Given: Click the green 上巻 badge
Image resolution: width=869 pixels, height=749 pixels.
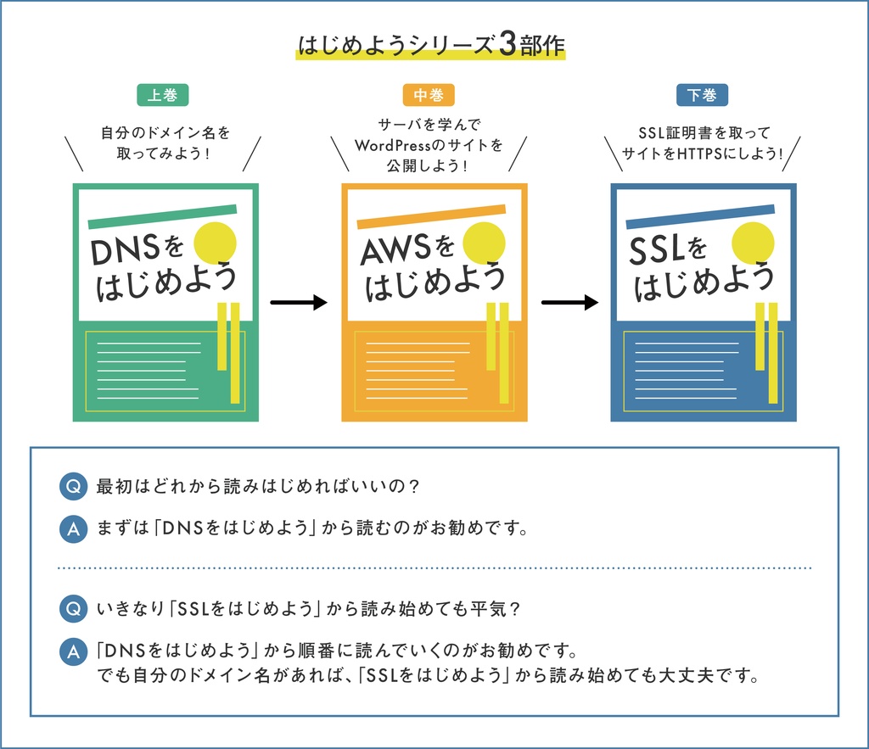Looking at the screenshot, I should (162, 95).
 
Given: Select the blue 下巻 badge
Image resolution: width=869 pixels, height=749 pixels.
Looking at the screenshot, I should (702, 95).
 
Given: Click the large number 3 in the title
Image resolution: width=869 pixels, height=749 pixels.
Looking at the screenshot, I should (507, 45).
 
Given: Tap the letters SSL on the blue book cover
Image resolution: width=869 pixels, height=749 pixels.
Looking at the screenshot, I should (658, 250).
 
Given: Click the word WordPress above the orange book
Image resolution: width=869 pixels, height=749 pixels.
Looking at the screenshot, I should (394, 145).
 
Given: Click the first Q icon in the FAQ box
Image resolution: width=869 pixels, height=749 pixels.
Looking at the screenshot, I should (74, 487).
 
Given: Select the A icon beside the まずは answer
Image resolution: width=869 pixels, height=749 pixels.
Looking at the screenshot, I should (74, 529).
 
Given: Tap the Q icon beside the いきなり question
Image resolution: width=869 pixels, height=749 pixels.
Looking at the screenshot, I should (74, 609).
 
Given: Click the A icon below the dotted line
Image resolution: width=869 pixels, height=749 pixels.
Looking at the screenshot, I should (74, 652).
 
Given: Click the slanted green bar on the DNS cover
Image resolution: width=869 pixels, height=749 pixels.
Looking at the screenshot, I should (162, 217).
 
